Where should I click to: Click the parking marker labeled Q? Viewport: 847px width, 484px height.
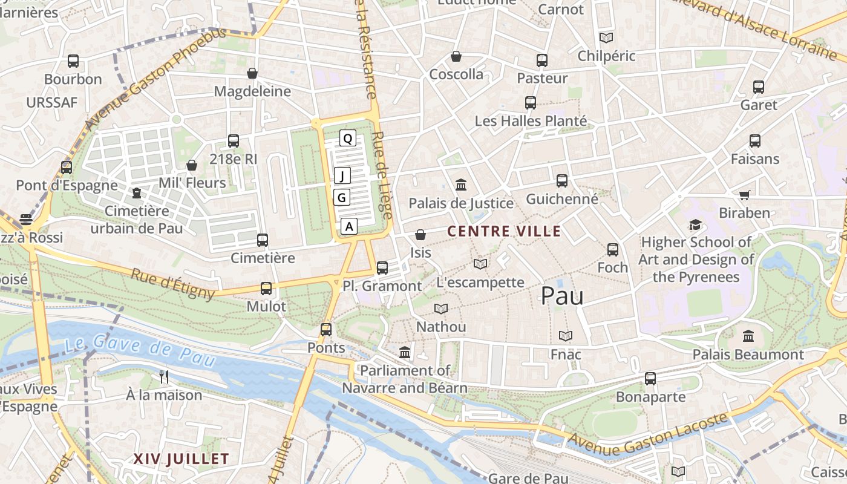347,139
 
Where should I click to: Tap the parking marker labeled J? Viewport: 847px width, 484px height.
342,176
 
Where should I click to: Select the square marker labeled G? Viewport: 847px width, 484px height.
342,197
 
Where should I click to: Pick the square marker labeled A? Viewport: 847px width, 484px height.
348,226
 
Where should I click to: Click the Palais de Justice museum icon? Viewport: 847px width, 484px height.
461,185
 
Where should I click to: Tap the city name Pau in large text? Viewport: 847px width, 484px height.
562,296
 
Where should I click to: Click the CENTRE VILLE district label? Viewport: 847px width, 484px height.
504,231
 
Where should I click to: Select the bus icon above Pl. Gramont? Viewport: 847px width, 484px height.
382,267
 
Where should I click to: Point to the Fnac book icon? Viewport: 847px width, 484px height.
566,336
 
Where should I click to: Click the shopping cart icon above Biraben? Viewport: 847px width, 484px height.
744,195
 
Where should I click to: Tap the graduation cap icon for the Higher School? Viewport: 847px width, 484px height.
696,224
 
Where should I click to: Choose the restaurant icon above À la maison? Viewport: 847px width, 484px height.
163,377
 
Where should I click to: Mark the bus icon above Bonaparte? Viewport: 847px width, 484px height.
650,379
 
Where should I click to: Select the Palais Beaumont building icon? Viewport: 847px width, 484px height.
748,336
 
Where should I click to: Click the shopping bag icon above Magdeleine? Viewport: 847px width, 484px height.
252,73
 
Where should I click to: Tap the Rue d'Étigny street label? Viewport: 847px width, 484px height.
172,284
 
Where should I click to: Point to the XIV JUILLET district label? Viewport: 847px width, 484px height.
181,459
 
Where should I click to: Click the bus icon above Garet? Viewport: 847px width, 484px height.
759,87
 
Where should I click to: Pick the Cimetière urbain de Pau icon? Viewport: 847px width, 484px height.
137,193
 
